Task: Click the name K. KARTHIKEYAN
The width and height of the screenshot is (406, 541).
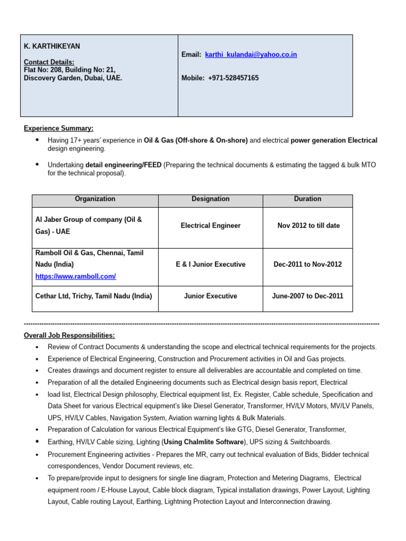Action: tap(52, 46)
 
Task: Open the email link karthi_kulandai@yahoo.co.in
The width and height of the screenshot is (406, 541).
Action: tap(251, 54)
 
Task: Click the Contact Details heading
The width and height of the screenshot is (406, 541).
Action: tap(49, 62)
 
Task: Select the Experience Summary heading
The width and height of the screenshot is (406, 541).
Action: tap(59, 128)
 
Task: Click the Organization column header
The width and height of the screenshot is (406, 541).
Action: tap(95, 199)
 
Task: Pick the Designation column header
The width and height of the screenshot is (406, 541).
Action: tap(210, 199)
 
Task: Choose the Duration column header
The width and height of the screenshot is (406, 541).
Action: tap(307, 199)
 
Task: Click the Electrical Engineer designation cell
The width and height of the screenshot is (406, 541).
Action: tap(210, 226)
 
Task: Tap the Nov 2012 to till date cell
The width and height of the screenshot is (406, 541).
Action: tap(308, 226)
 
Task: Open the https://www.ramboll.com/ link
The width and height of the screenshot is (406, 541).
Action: tap(76, 276)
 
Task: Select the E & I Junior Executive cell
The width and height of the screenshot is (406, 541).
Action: tap(210, 264)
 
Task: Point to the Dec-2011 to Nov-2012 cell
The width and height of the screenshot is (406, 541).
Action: tap(308, 264)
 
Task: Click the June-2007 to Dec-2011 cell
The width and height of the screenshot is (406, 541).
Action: tap(308, 296)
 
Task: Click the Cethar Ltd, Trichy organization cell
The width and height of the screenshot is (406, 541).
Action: tap(94, 296)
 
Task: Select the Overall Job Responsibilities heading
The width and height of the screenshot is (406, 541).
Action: tap(69, 335)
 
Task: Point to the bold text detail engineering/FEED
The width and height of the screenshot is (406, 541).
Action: tap(123, 165)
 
